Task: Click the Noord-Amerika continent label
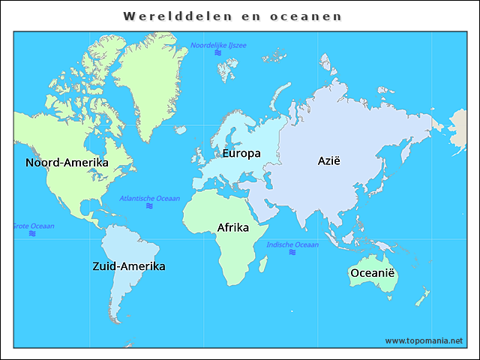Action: (x=67, y=163)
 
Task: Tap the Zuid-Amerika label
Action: (x=129, y=266)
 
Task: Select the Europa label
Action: (x=241, y=154)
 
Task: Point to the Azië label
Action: (x=329, y=160)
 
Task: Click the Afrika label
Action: (x=232, y=227)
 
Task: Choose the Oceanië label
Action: (x=372, y=273)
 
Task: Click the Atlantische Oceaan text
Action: (x=150, y=198)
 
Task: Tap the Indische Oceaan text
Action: (x=292, y=244)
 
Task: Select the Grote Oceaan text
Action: (x=34, y=226)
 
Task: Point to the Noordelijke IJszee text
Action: (x=218, y=46)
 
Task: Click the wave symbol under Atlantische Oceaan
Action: (x=150, y=205)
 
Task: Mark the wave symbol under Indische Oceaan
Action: (x=292, y=253)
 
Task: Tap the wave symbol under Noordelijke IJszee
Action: (x=218, y=53)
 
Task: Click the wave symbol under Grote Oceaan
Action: (x=32, y=233)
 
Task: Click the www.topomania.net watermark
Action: (x=424, y=340)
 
